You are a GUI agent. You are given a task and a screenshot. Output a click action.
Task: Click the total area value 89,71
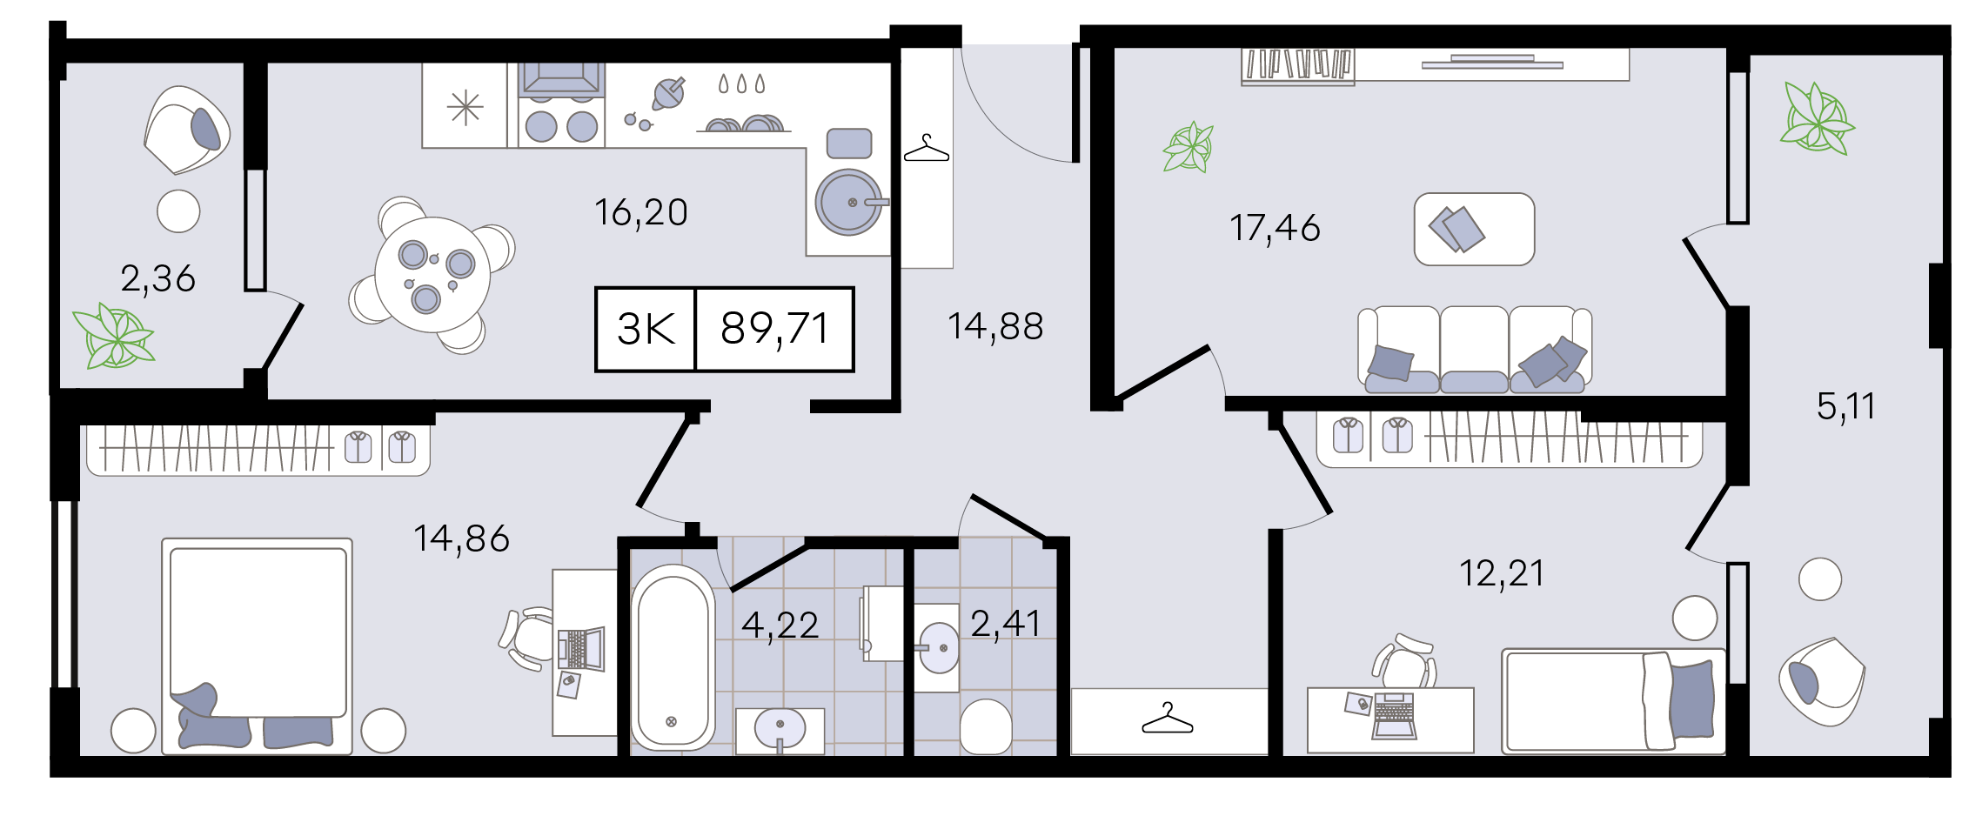pyautogui.click(x=774, y=329)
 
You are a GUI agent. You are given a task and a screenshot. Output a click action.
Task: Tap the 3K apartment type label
pyautogui.click(x=646, y=329)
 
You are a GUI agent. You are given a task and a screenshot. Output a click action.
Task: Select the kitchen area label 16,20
pyautogui.click(x=641, y=213)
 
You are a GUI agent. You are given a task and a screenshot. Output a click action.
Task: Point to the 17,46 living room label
pyautogui.click(x=1275, y=228)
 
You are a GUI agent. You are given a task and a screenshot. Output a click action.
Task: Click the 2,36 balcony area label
pyautogui.click(x=157, y=279)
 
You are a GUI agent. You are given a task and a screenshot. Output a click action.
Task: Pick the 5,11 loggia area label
pyautogui.click(x=1845, y=406)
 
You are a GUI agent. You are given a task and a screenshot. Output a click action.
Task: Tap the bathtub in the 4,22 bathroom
pyautogui.click(x=673, y=658)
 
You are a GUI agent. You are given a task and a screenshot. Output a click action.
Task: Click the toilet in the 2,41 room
pyautogui.click(x=986, y=726)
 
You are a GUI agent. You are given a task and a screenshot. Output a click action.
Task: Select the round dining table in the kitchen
pyautogui.click(x=432, y=274)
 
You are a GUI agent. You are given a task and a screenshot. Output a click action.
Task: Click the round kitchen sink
pyautogui.click(x=848, y=202)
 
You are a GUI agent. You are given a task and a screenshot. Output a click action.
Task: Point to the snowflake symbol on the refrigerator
pyautogui.click(x=465, y=108)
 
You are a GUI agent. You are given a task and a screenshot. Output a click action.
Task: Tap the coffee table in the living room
pyautogui.click(x=1474, y=229)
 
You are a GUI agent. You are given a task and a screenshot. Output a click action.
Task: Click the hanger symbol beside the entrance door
pyautogui.click(x=927, y=149)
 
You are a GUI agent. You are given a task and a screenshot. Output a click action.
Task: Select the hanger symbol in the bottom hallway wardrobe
pyautogui.click(x=1168, y=719)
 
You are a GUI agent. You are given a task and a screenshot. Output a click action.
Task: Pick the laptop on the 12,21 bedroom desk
pyautogui.click(x=1394, y=716)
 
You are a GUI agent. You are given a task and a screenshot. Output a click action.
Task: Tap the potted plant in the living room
pyautogui.click(x=1189, y=147)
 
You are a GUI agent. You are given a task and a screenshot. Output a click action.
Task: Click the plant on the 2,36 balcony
pyautogui.click(x=114, y=337)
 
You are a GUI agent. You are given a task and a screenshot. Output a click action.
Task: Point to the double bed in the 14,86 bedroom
pyautogui.click(x=257, y=645)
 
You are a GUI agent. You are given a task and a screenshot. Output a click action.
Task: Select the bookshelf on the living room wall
pyautogui.click(x=1297, y=66)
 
